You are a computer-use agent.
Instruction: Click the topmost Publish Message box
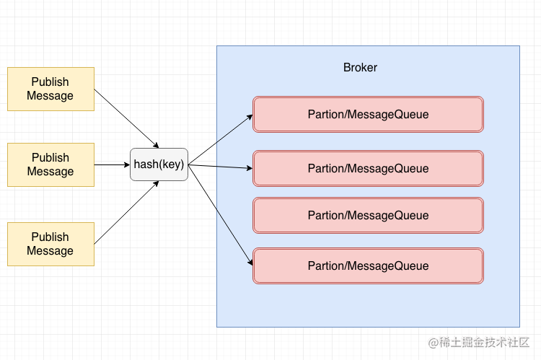coord(50,89)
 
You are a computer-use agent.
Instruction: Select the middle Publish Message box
coord(50,164)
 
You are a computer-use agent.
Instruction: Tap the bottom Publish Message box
coord(50,244)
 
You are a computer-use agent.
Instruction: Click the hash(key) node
coord(159,164)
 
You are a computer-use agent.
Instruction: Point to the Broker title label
coord(360,68)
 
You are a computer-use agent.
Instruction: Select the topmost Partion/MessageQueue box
coord(368,114)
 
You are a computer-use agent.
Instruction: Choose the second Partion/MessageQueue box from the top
coord(368,168)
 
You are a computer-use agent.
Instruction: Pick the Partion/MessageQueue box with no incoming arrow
coord(368,215)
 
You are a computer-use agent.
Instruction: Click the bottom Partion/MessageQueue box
coord(368,265)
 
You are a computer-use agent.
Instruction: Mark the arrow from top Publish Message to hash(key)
coord(126,118)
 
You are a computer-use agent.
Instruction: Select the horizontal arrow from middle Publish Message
coord(112,164)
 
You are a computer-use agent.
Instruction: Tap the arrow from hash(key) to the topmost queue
coord(220,139)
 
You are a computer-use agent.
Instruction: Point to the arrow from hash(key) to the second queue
coord(220,167)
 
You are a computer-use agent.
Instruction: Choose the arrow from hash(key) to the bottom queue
coord(220,214)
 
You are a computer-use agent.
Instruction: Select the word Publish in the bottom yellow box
coord(50,237)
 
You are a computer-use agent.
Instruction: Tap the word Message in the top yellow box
coord(50,96)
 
